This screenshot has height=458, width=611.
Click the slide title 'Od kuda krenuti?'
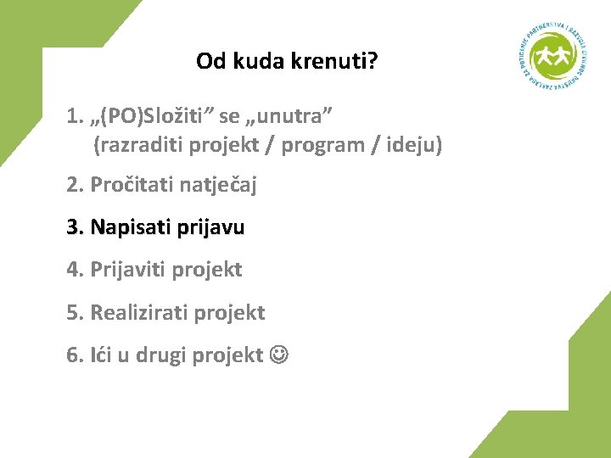pos(287,62)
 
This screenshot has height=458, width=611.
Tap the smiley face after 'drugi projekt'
pos(278,355)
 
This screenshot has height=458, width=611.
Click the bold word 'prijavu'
pos(210,227)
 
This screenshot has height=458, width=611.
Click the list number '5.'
pos(75,313)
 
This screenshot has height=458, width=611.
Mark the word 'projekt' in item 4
pos(207,270)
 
